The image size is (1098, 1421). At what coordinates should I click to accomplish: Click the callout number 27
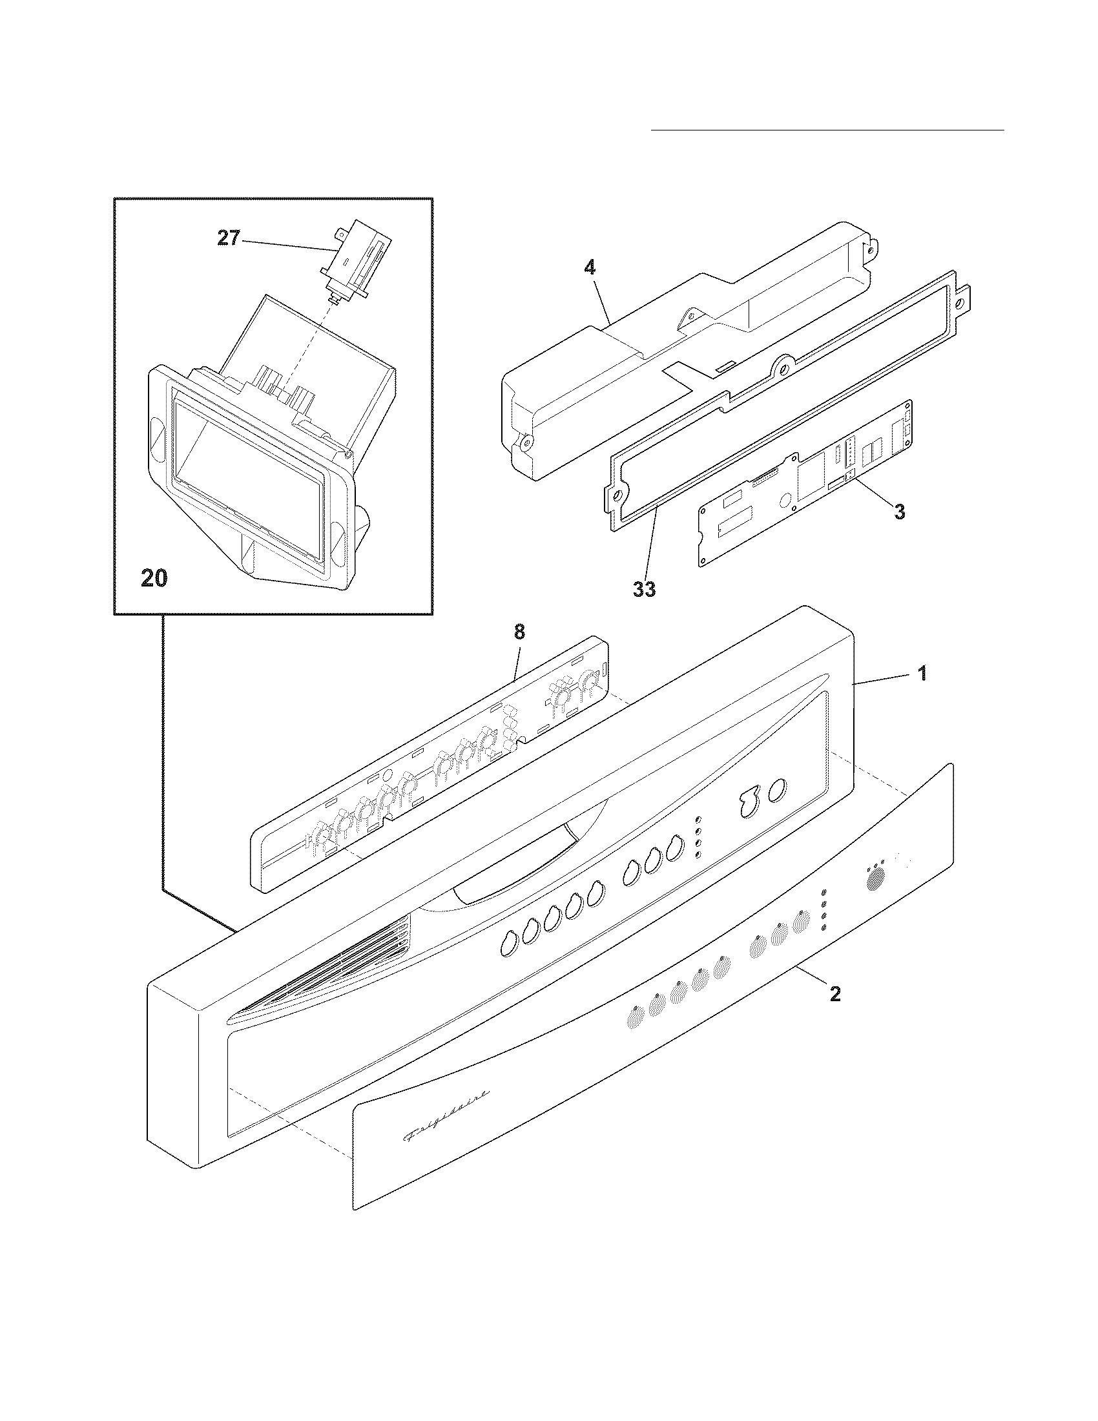(228, 238)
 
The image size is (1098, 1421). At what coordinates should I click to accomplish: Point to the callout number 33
(643, 589)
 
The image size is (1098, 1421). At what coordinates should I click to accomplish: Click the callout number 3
(899, 512)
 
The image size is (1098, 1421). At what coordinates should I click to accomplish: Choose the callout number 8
(519, 631)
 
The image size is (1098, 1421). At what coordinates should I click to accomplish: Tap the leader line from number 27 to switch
(286, 245)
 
